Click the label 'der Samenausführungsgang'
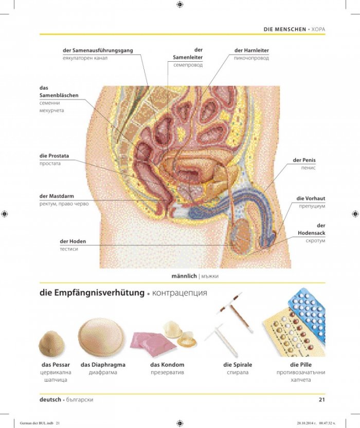(98, 50)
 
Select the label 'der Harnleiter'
(251, 50)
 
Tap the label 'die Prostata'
(54, 156)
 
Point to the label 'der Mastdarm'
(57, 196)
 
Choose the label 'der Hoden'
(73, 241)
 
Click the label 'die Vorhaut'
(311, 199)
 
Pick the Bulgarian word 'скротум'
(315, 241)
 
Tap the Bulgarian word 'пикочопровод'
(251, 58)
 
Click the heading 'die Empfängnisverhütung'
(92, 293)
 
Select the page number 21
(322, 399)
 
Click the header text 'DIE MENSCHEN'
(285, 29)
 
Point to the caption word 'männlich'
(184, 276)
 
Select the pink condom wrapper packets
(154, 344)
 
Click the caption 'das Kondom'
(167, 365)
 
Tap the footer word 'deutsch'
(50, 399)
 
